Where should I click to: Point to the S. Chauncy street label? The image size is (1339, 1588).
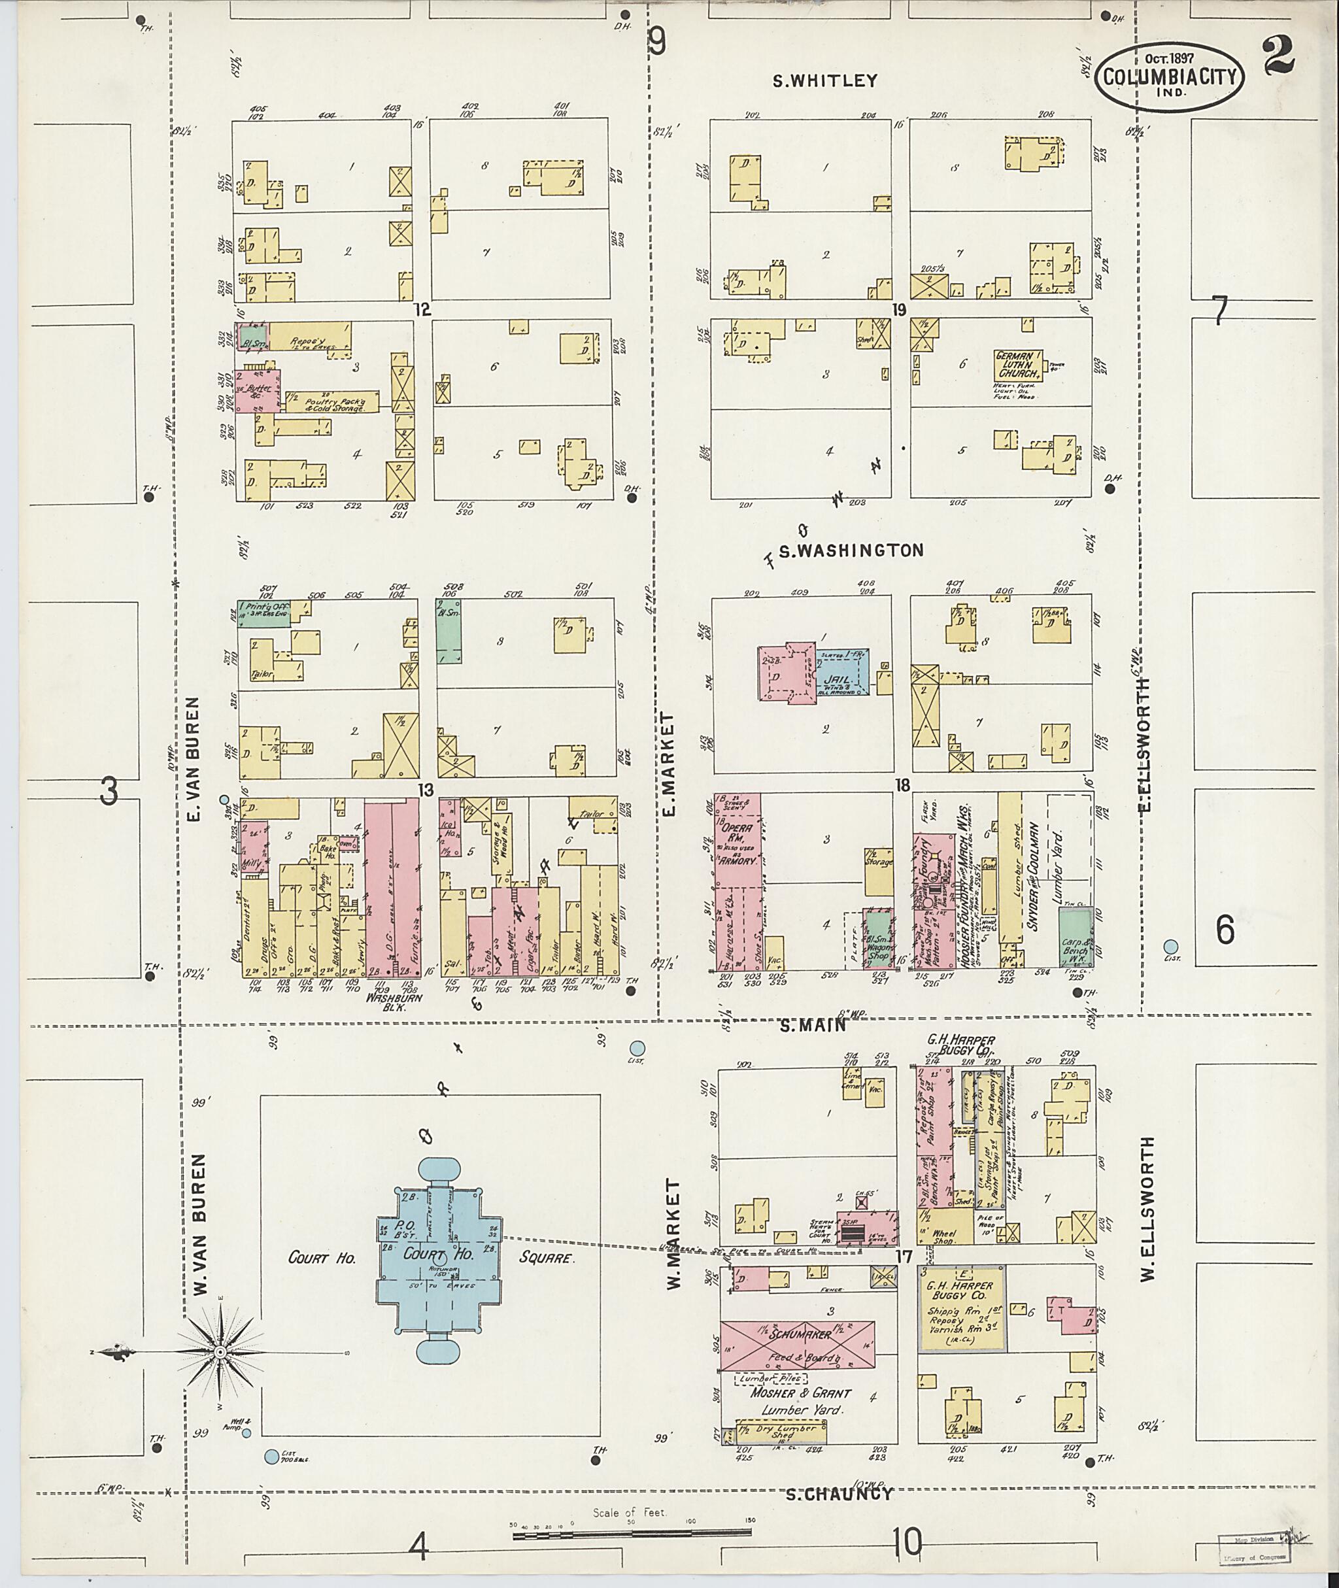836,1494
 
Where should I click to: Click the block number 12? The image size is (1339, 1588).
422,309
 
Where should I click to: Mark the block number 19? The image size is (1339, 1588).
900,309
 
